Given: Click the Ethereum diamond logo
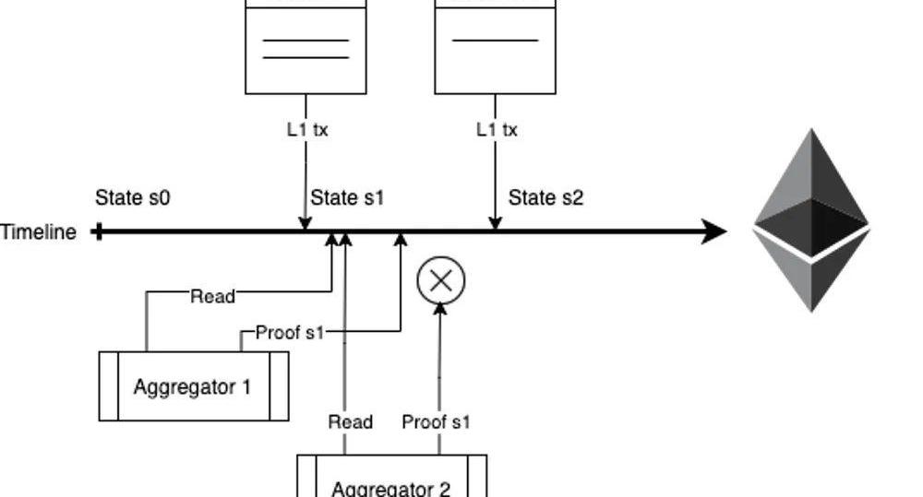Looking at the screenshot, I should click(x=811, y=220).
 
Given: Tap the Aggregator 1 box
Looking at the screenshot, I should click(x=193, y=386).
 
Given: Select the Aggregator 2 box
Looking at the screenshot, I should click(x=391, y=481).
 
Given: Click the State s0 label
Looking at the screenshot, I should click(x=133, y=197).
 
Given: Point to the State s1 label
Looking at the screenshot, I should click(x=347, y=197).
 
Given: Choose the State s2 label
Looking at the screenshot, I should click(x=545, y=197).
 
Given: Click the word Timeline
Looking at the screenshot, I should click(x=38, y=232).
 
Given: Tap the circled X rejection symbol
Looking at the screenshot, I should click(x=441, y=280).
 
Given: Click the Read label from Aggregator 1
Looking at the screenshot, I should click(x=212, y=296).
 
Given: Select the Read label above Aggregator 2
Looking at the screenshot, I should click(x=351, y=422).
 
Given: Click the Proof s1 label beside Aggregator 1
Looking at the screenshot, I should click(x=290, y=333).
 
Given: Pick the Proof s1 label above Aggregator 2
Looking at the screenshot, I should click(x=437, y=422).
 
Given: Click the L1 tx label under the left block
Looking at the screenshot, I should click(x=306, y=130).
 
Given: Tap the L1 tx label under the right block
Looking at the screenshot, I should click(x=497, y=130).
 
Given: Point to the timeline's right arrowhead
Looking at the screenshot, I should click(x=715, y=231).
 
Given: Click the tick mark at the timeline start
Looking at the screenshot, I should click(x=98, y=231).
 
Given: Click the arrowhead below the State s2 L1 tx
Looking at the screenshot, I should click(x=496, y=223).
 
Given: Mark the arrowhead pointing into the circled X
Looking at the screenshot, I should click(x=440, y=311).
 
